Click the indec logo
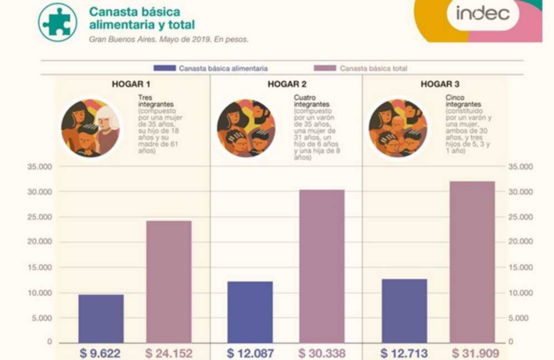pos(483,14)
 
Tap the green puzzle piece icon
pos(58,22)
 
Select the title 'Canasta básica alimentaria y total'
pos(142,18)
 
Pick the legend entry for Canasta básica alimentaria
pos(211,68)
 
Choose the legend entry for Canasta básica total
pos(361,68)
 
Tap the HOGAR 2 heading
pos(287,84)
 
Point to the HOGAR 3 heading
pos(440,84)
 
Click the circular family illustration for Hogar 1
pos(90,128)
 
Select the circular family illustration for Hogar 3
pos(398,128)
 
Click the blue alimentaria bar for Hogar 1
pos(101,318)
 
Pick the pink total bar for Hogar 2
pos(322,266)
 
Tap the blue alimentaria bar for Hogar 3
pos(404,311)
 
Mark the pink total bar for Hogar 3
pos(472,261)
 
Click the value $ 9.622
pos(100,353)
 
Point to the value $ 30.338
pos(322,353)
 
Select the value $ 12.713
pos(404,353)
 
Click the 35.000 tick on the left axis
pos(39,167)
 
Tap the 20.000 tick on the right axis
pos(520,242)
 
